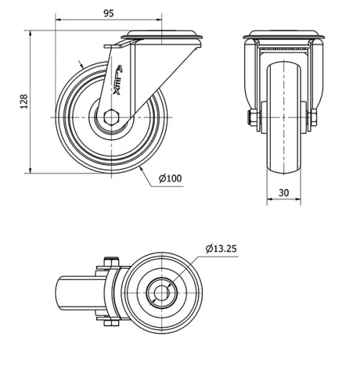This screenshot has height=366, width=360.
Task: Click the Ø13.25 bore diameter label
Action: click(x=221, y=249)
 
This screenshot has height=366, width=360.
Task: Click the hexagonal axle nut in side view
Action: click(x=112, y=117)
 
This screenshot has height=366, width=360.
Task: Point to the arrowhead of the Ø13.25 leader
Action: click(x=168, y=286)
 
